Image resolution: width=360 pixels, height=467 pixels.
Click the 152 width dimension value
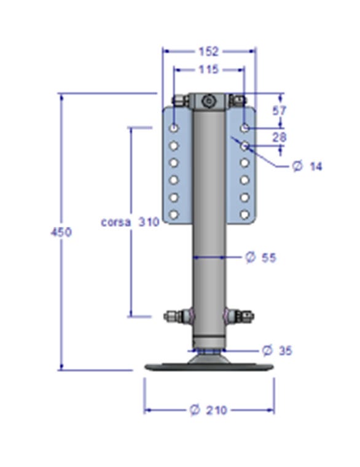[208, 52]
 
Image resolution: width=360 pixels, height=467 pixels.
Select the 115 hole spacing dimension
[208, 69]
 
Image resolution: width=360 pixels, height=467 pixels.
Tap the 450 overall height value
[61, 232]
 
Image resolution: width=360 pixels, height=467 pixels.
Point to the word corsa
[115, 222]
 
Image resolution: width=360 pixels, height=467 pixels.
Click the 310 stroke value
[149, 222]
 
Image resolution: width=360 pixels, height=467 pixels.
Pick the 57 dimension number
[279, 111]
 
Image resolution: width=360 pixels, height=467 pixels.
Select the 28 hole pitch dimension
[280, 137]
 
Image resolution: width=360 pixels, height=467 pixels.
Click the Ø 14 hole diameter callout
[307, 166]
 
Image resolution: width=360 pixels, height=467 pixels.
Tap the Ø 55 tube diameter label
[261, 257]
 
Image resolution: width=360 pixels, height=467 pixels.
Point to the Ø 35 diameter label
[277, 350]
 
